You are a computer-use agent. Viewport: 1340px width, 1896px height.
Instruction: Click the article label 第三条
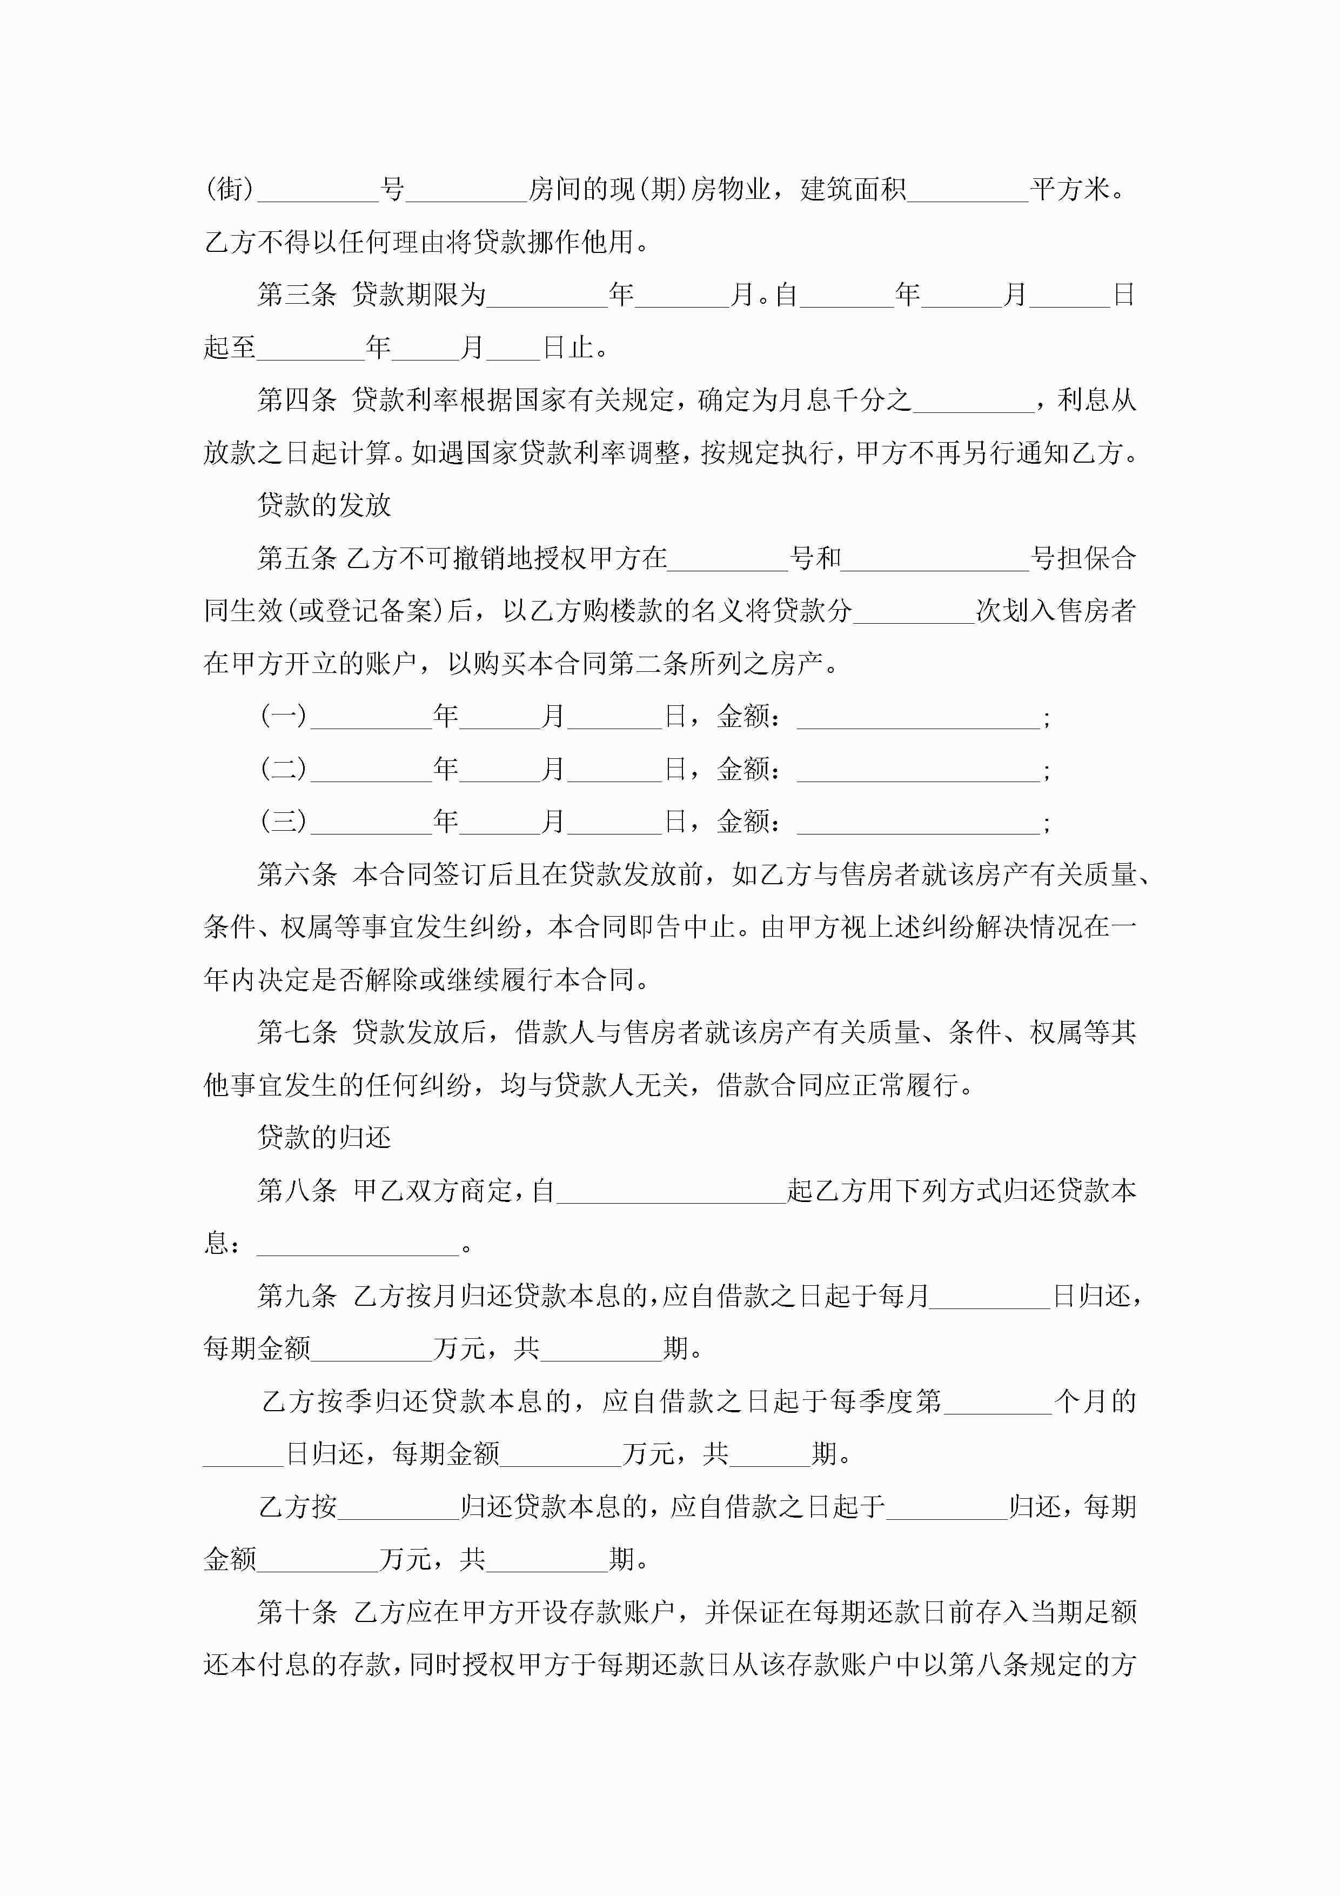pyautogui.click(x=297, y=295)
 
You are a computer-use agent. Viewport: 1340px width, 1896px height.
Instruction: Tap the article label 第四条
pyautogui.click(x=297, y=400)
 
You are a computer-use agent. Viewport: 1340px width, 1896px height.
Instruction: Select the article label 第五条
pyautogui.click(x=297, y=559)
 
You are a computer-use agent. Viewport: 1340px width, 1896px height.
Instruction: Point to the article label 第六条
pyautogui.click(x=297, y=874)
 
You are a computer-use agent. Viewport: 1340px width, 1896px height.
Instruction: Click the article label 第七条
pyautogui.click(x=297, y=1032)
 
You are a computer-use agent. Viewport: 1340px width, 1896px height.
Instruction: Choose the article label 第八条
pyautogui.click(x=297, y=1191)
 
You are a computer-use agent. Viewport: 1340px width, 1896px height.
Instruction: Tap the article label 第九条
pyautogui.click(x=297, y=1297)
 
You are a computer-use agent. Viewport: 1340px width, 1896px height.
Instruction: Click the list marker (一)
pyautogui.click(x=283, y=716)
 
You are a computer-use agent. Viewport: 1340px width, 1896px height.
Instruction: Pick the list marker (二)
pyautogui.click(x=283, y=769)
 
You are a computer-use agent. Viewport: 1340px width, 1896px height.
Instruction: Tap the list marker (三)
pyautogui.click(x=283, y=822)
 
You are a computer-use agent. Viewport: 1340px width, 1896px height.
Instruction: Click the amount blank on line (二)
pyautogui.click(x=917, y=771)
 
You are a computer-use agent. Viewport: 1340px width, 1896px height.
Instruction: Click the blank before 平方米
pyautogui.click(x=968, y=191)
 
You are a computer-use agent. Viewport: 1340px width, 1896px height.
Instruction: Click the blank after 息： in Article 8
pyautogui.click(x=358, y=1245)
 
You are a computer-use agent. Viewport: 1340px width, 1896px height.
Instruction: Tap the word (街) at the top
pyautogui.click(x=230, y=190)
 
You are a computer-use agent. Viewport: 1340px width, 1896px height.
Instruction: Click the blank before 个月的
pyautogui.click(x=997, y=1403)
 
